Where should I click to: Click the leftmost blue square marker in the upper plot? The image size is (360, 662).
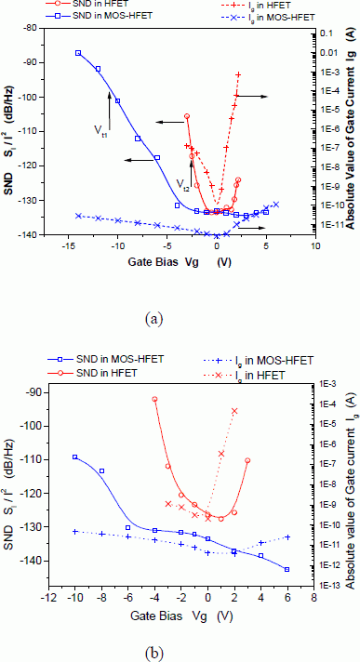(78, 53)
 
